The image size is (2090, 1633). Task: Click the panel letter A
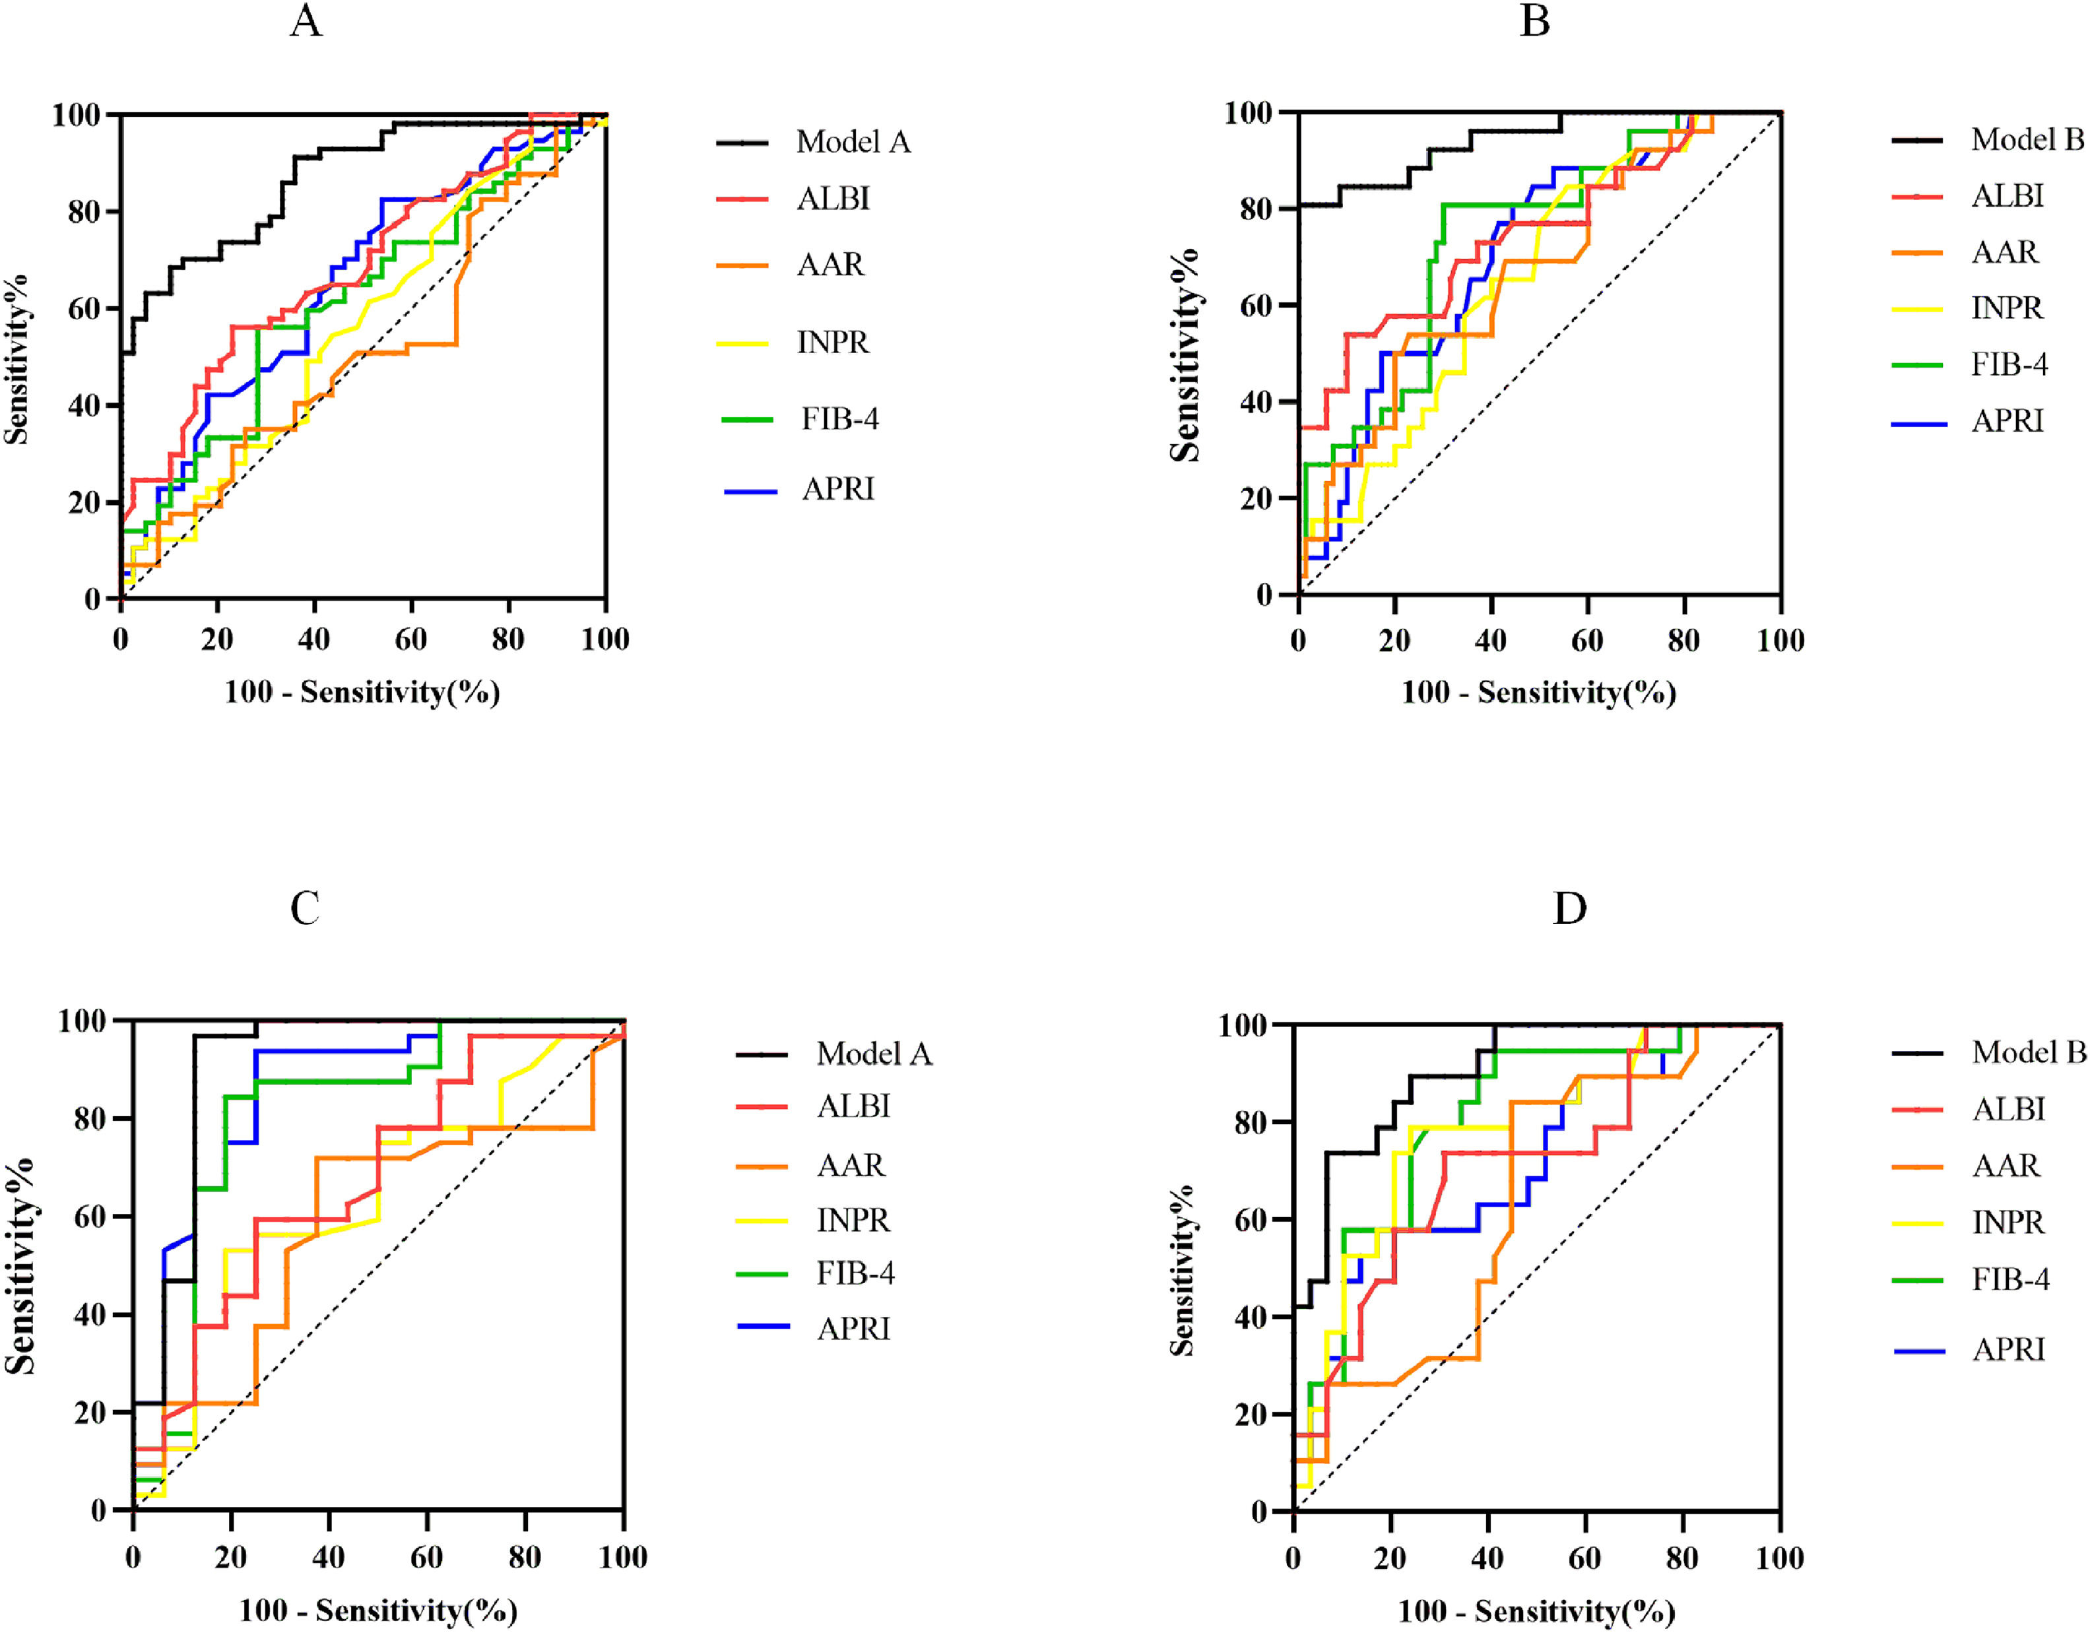[306, 21]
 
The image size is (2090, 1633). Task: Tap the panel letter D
[1569, 908]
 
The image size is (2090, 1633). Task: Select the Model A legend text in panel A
[853, 143]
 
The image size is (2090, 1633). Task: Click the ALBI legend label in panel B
[2008, 196]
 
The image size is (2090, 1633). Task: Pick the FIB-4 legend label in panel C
[855, 1273]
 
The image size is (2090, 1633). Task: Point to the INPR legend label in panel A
[833, 342]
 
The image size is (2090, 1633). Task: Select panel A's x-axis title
[362, 692]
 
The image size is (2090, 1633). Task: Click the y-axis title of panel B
[1184, 354]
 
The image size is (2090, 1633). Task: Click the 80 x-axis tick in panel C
[525, 1557]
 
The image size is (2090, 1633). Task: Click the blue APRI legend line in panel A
[750, 491]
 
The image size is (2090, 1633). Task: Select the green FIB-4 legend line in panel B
[1917, 365]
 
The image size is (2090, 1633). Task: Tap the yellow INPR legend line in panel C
[762, 1221]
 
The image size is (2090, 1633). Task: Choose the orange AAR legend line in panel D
[1918, 1167]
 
